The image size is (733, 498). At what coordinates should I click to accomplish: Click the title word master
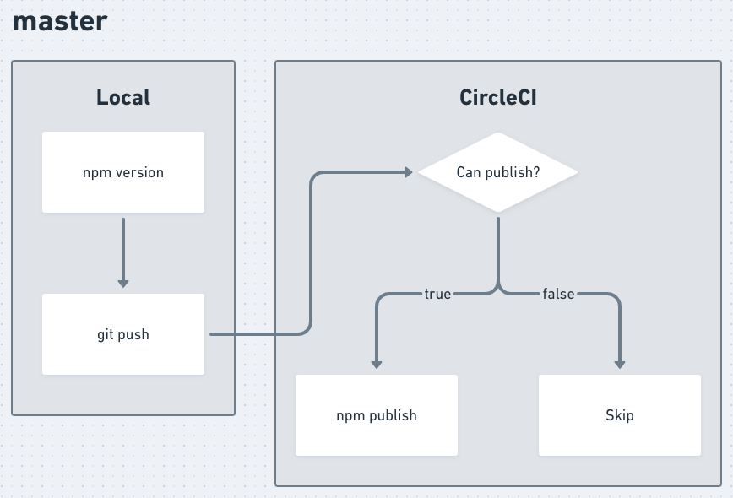60,21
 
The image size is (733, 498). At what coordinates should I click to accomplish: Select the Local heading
123,97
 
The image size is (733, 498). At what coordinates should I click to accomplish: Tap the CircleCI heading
498,97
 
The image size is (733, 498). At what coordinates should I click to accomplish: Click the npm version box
123,172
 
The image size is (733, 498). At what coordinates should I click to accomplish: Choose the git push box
123,334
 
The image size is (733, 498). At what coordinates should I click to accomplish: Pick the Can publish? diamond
498,172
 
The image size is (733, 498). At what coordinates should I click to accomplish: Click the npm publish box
377,415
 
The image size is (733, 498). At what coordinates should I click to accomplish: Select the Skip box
620,415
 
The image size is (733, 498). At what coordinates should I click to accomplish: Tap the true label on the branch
437,294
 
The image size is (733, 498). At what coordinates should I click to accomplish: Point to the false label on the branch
558,294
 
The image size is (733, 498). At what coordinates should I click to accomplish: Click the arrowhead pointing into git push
123,283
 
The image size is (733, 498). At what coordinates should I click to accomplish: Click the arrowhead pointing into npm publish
377,364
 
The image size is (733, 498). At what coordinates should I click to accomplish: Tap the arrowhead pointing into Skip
620,364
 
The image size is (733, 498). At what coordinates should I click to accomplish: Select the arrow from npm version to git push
123,249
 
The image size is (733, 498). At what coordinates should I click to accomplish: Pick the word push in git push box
133,334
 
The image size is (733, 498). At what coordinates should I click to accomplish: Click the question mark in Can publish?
537,172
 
